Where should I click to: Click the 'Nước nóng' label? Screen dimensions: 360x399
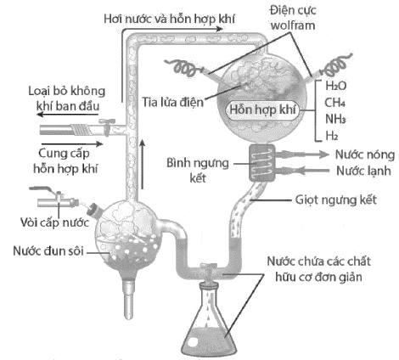click(361, 156)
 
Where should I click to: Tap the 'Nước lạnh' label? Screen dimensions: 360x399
click(361, 172)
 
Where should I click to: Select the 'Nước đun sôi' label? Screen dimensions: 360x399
click(43, 250)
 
